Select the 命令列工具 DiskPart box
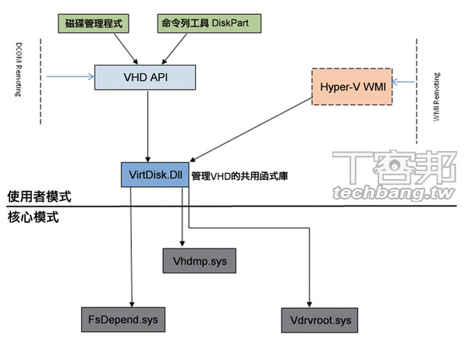coord(207,24)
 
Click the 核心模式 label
coord(33,217)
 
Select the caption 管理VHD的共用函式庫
coord(245,176)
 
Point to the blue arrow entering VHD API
coord(69,77)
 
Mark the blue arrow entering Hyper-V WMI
coord(405,81)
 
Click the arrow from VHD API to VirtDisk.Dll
coord(148,125)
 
